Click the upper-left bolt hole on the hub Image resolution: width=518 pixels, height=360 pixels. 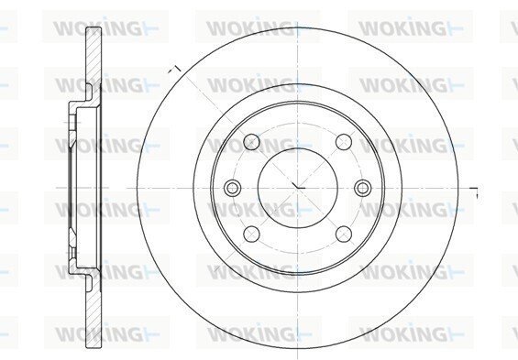click(252, 142)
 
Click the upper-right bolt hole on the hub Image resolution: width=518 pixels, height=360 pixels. click(344, 142)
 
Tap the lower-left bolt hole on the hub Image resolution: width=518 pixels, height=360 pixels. click(252, 234)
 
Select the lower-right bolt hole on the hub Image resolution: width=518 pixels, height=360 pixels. click(344, 234)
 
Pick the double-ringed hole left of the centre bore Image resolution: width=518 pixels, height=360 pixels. click(232, 188)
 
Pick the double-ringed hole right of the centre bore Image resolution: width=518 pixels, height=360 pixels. click(363, 188)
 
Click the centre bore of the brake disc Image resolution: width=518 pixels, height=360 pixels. click(298, 188)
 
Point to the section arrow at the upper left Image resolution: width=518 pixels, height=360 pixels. click(175, 70)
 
